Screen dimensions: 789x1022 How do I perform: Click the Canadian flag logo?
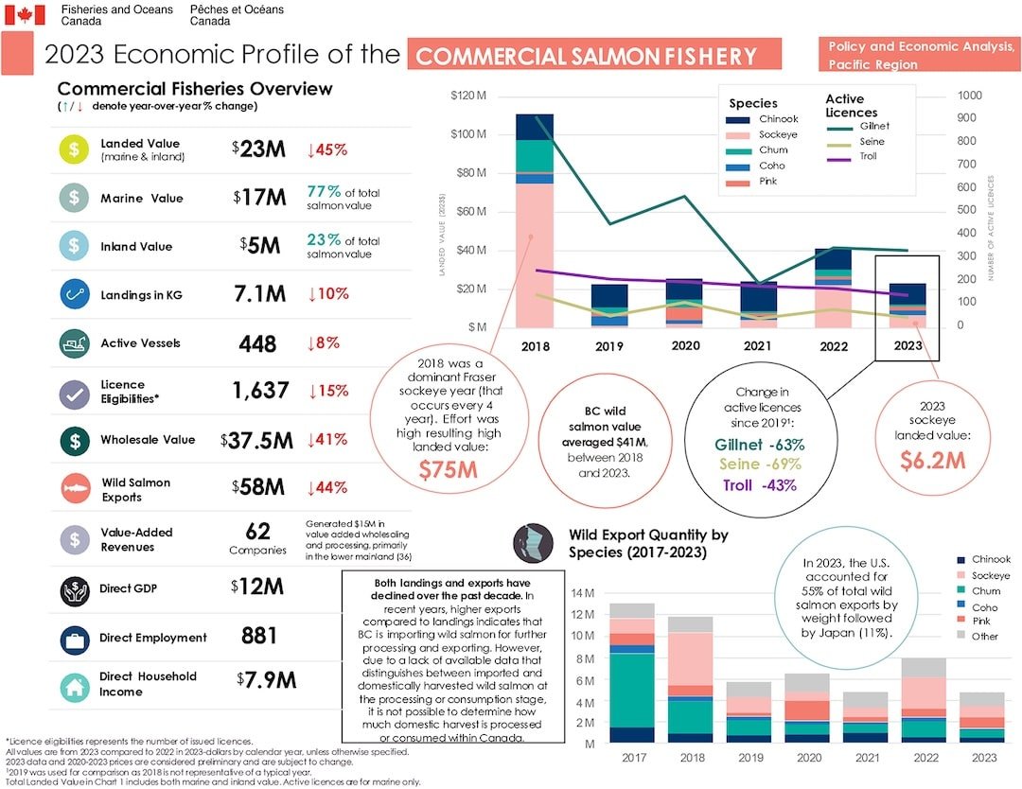point(25,14)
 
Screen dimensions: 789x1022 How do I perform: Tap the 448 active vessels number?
point(258,342)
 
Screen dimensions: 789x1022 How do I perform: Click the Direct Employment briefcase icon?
point(74,637)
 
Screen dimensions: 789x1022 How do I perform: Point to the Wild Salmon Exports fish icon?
point(74,489)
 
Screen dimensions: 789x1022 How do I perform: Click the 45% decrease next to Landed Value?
point(326,149)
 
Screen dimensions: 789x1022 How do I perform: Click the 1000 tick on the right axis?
point(970,96)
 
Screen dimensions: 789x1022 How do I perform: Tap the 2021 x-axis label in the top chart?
point(759,346)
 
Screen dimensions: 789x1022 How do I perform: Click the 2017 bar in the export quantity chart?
point(632,674)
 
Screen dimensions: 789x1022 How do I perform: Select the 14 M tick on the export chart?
point(582,593)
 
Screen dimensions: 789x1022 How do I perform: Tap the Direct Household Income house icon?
point(74,685)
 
